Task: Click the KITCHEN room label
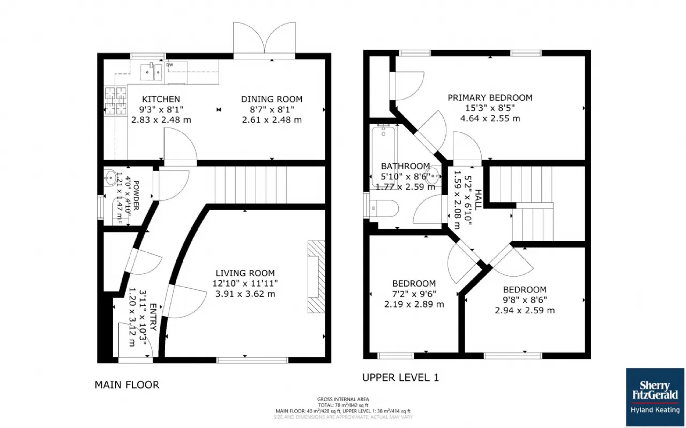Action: click(161, 100)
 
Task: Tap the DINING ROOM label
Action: click(272, 100)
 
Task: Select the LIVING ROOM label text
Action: click(245, 273)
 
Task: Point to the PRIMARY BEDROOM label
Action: click(490, 98)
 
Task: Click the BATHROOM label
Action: click(405, 167)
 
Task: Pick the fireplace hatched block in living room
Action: click(316, 276)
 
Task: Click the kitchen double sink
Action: click(152, 71)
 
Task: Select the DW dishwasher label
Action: click(169, 65)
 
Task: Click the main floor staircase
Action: click(251, 185)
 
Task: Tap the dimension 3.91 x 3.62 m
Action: click(245, 294)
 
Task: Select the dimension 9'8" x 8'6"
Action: click(524, 300)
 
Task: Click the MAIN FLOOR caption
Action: click(127, 385)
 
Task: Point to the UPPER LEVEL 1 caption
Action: click(400, 378)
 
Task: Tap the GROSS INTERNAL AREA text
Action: click(342, 399)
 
